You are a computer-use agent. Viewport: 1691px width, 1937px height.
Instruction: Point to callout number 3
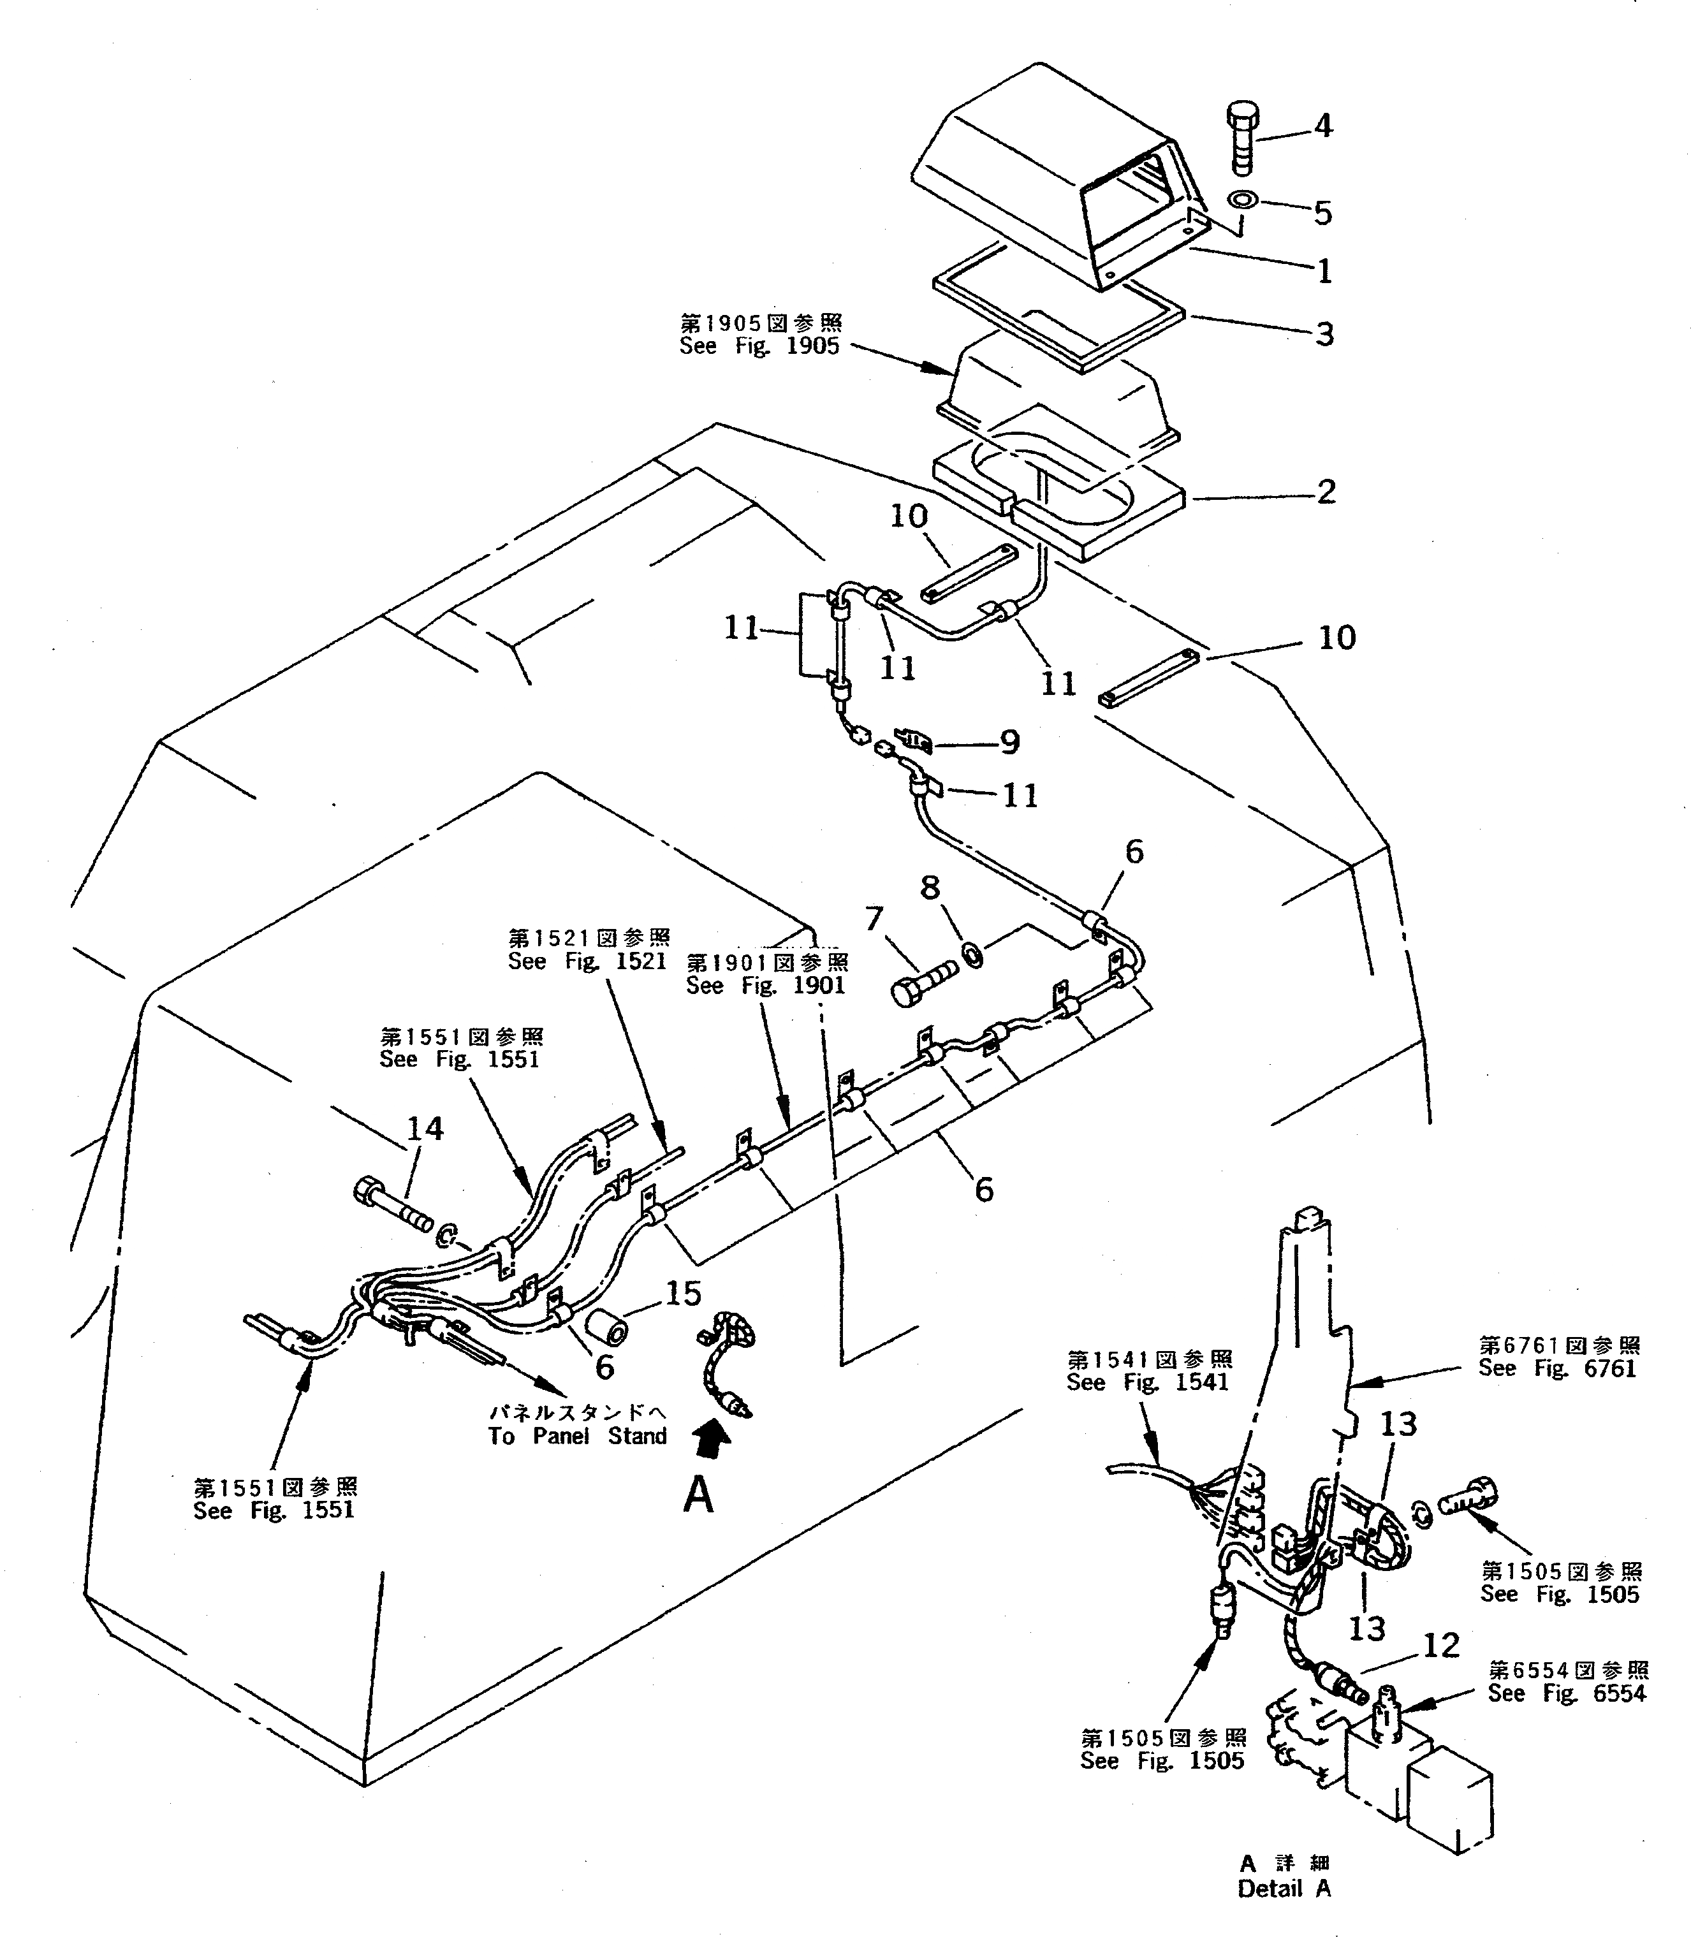tap(1325, 334)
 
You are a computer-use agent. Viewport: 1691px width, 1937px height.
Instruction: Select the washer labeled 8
tap(971, 956)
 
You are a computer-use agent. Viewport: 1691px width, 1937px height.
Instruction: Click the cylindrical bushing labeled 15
tap(609, 1329)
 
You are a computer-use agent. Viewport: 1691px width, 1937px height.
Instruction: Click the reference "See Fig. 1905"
tap(759, 346)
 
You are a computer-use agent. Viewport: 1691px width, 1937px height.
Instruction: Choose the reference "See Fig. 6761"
tap(1557, 1369)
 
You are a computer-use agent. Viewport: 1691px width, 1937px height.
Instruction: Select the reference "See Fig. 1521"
tap(587, 961)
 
